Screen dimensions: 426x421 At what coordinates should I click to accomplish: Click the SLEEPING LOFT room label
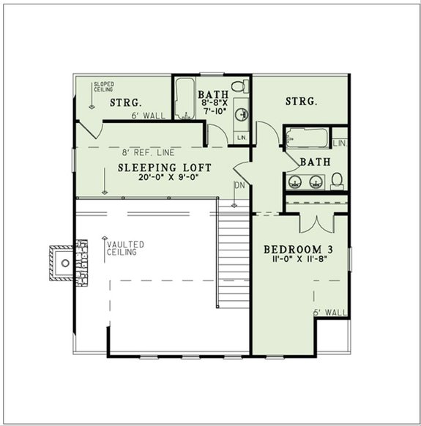point(165,168)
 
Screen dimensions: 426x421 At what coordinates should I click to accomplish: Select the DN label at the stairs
point(239,185)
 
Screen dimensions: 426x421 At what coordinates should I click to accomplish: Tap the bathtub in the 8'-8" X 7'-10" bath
point(183,102)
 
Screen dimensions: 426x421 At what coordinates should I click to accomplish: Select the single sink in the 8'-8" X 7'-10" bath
point(242,114)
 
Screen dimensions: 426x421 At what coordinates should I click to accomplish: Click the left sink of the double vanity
point(295,182)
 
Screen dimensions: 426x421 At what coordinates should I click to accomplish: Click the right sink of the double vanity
point(316,182)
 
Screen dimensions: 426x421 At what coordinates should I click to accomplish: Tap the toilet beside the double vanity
point(338,179)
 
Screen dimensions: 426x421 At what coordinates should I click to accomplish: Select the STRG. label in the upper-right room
point(301,102)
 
